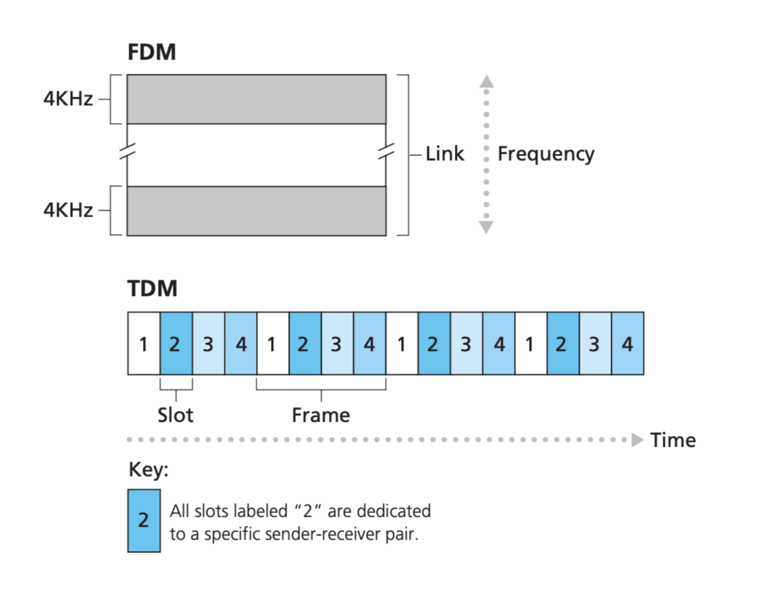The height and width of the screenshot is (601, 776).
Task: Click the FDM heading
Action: (151, 52)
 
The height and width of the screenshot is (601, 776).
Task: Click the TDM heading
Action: (152, 288)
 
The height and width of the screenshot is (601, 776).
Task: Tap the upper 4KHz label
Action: (68, 98)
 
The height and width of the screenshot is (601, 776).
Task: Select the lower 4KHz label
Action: (68, 210)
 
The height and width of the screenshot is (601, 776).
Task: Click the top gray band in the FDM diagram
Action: (256, 99)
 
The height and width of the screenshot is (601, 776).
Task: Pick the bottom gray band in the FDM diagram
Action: (256, 211)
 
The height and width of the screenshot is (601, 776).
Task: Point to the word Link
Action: (445, 153)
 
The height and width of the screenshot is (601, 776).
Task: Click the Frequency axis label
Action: (546, 154)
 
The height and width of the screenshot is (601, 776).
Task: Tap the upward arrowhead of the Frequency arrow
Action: (486, 81)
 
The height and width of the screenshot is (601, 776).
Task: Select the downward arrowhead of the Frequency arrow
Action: (486, 227)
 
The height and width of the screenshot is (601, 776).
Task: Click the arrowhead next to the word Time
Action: (637, 440)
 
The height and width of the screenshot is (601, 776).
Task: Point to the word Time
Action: (673, 440)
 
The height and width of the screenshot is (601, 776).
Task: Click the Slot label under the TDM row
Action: (175, 415)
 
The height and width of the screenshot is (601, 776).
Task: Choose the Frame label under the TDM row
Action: (321, 415)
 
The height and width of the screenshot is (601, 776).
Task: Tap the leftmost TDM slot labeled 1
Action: (144, 344)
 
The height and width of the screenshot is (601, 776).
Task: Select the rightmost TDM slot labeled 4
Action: (628, 344)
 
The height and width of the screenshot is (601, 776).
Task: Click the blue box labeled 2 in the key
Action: (144, 521)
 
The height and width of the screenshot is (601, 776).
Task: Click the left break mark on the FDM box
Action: (127, 151)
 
